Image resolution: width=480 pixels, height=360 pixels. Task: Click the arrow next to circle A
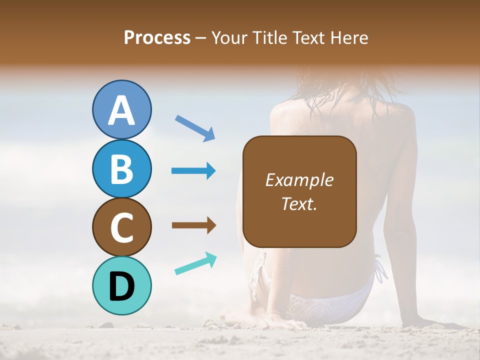195,127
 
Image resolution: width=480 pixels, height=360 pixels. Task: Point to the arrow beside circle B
193,171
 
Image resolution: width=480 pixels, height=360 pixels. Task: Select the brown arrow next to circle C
193,225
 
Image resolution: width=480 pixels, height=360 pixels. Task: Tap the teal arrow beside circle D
195,263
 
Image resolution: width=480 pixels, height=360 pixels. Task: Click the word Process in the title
157,37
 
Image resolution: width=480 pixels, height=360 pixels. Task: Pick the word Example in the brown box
299,180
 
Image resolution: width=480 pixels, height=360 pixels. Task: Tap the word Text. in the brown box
299,203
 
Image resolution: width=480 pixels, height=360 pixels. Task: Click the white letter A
122,110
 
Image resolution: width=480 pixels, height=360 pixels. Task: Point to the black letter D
122,286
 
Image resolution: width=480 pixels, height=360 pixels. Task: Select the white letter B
122,169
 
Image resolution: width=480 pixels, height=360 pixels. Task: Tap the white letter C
122,228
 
